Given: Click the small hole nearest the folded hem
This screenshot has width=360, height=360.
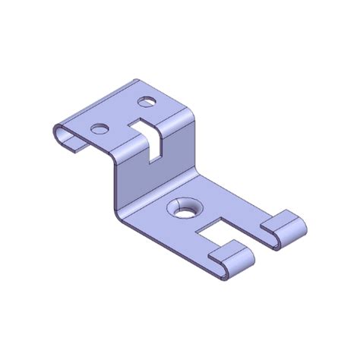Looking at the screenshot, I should (99, 128).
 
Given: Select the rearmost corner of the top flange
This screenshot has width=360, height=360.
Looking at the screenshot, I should (137, 77).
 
